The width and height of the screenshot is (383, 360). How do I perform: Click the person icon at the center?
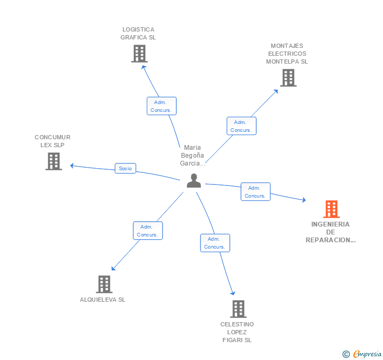(194, 181)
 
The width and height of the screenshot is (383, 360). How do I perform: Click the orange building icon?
(331, 209)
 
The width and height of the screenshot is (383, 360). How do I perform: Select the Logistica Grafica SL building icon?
(139, 54)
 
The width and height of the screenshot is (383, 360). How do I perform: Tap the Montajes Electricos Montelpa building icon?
(288, 78)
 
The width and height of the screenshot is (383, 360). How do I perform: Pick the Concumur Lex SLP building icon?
(54, 161)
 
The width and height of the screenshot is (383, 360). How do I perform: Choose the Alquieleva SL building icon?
(104, 284)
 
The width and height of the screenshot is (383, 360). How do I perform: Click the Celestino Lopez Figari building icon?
(238, 309)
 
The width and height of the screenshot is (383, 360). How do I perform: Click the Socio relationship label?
(125, 169)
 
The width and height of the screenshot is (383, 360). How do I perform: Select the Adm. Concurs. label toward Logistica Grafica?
(161, 106)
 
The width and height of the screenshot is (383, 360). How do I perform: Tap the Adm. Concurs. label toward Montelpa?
(241, 126)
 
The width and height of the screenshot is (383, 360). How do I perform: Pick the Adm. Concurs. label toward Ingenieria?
(255, 192)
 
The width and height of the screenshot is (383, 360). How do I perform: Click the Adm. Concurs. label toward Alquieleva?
(147, 231)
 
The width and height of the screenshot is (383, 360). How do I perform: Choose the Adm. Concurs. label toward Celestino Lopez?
(215, 243)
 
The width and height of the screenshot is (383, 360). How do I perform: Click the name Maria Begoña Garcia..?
(193, 156)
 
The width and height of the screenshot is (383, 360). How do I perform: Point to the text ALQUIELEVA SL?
(103, 300)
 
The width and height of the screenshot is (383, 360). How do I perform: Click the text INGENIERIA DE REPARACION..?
(330, 232)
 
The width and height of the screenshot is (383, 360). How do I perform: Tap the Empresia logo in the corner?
(367, 354)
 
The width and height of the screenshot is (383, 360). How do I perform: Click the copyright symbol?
(346, 355)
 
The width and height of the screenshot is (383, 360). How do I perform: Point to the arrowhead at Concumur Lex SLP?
(73, 166)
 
